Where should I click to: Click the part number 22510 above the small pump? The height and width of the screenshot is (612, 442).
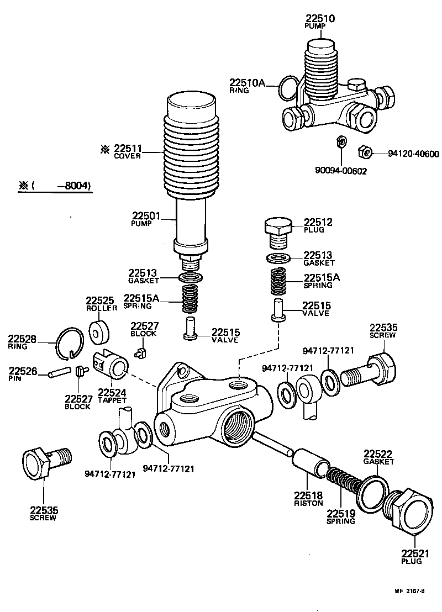(320, 19)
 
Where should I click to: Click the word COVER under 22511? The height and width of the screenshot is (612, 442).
(128, 156)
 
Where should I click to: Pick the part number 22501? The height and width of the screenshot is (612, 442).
(145, 216)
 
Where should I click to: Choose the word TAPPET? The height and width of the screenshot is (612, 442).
(112, 400)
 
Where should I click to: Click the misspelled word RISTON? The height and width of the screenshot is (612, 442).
(308, 503)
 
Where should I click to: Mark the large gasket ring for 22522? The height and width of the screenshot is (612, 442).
(373, 493)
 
